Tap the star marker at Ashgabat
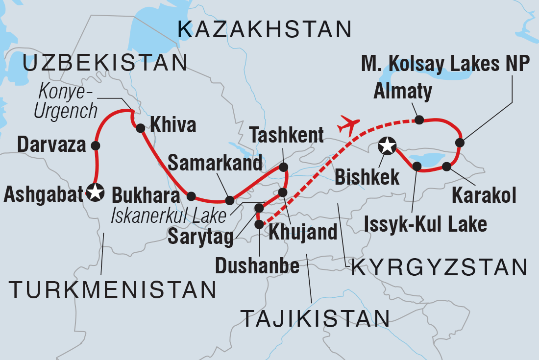tap(95, 192)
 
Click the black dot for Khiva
tap(140, 128)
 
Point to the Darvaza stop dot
tap(96, 145)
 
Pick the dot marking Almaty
tap(419, 119)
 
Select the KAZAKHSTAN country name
tap(265, 30)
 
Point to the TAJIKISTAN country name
tap(316, 319)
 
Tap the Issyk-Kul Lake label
tap(425, 224)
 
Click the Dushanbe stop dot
tap(259, 224)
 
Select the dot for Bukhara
tap(191, 196)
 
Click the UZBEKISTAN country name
tap(105, 64)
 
